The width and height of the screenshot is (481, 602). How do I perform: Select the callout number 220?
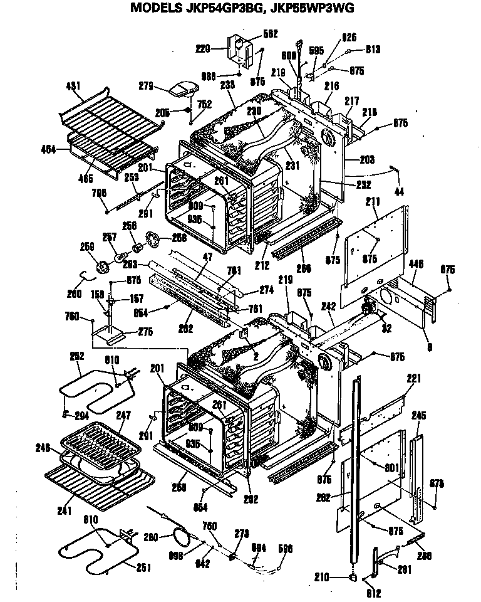point(203,47)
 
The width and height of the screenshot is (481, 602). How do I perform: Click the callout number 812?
point(374,594)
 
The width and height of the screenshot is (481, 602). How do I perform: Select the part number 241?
point(65,510)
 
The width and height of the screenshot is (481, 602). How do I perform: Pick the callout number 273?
point(241,534)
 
